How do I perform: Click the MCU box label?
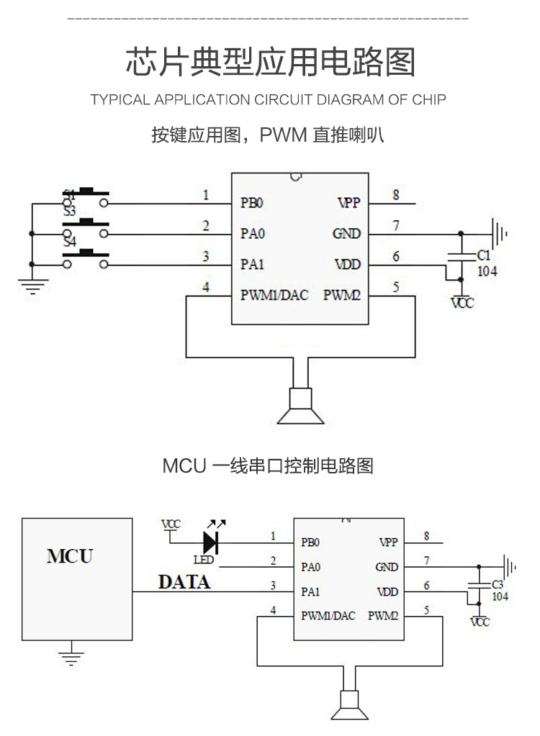(70, 556)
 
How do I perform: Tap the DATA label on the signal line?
(184, 582)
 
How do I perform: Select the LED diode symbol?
(212, 541)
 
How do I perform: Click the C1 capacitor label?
(485, 255)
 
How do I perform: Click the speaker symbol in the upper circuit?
(300, 406)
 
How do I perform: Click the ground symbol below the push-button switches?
(31, 287)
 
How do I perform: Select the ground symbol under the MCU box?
(71, 656)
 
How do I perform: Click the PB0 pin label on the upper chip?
(252, 203)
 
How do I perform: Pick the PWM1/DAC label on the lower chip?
(328, 615)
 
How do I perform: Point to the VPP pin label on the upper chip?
(348, 203)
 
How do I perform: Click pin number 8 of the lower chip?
(427, 536)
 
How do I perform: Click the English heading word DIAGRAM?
(349, 99)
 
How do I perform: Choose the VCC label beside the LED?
(171, 524)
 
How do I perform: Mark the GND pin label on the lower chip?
(387, 567)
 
